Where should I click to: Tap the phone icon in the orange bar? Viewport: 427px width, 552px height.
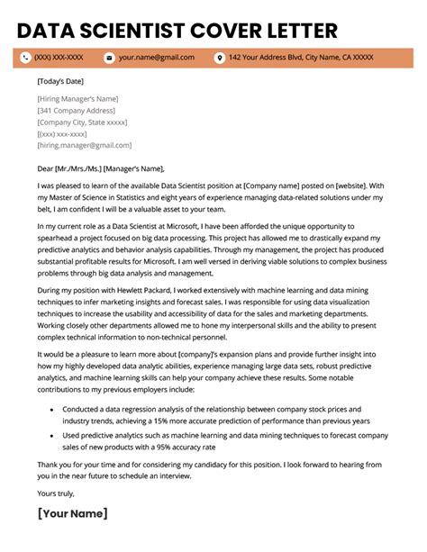tap(24, 58)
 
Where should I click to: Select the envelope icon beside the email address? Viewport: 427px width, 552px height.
tap(109, 58)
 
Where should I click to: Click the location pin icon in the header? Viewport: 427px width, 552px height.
tap(219, 58)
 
